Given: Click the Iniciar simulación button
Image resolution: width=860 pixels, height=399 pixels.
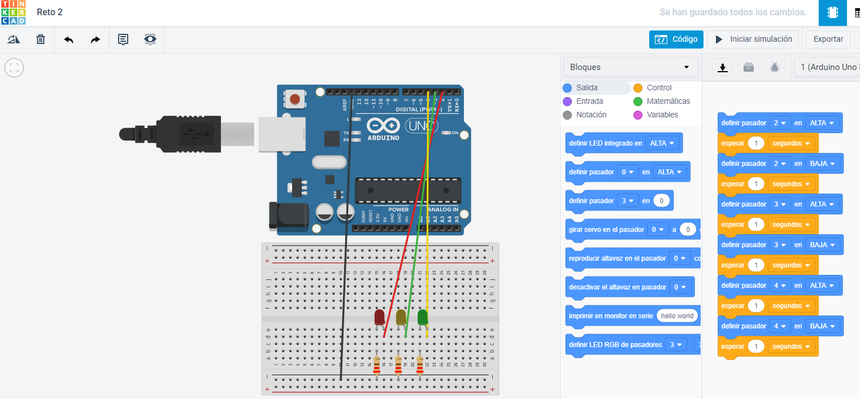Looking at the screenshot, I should point(753,40).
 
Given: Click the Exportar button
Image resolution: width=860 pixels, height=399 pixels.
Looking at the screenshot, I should point(828,40).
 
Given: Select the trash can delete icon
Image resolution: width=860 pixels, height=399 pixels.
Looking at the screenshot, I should point(41,40).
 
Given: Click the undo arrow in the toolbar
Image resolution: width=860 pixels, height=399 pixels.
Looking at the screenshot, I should point(68,40).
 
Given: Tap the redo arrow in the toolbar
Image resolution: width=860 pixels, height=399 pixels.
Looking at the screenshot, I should point(95,40).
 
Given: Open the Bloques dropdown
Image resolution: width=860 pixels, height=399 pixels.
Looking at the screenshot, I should point(630,67).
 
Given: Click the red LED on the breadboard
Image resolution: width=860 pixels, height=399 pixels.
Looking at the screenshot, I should point(380,317).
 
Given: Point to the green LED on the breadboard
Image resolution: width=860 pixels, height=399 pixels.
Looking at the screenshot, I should point(423,317).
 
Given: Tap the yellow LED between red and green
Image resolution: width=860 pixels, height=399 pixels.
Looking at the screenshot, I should point(401,317).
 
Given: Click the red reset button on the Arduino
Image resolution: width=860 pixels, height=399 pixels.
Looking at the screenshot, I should point(294,100).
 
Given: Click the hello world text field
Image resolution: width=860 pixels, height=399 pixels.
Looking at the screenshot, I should point(677,316).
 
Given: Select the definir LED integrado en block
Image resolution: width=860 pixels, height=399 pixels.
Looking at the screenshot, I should point(605,143).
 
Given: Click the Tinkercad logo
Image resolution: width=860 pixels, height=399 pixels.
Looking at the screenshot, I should point(13,12).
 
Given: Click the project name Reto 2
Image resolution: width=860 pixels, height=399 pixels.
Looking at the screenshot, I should point(50,12).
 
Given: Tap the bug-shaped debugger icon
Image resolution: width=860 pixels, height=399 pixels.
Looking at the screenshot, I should point(775,67).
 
